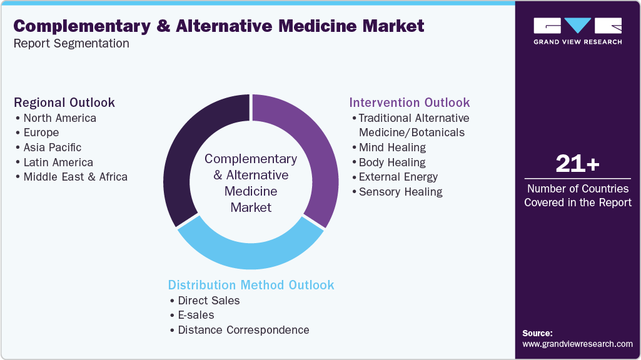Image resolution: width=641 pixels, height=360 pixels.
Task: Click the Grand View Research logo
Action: [577, 31]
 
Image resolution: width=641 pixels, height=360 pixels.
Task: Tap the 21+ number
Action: [577, 164]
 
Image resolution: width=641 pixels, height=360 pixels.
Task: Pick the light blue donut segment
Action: [250, 247]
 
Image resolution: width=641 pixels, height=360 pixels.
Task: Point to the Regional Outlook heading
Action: [64, 102]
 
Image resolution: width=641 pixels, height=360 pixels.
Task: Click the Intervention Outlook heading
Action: [409, 102]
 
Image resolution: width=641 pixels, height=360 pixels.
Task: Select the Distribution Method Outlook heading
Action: [251, 285]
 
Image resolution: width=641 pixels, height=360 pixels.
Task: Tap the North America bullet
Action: [59, 117]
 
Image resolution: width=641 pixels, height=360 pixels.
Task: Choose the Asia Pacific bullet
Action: [52, 147]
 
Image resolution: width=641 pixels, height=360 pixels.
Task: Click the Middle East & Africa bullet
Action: [75, 177]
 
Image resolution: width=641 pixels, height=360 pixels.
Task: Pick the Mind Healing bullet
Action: [392, 147]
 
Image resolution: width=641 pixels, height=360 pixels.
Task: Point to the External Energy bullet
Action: [398, 177]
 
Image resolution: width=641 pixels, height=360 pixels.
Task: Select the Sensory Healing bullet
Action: [400, 192]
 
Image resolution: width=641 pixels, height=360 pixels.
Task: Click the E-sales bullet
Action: [196, 315]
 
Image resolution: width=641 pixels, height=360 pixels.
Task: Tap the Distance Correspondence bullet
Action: [243, 330]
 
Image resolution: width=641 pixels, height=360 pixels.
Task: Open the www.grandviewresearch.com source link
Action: [577, 344]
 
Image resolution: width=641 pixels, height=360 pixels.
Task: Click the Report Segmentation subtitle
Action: [71, 43]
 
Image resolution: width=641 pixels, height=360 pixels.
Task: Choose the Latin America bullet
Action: [58, 162]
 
